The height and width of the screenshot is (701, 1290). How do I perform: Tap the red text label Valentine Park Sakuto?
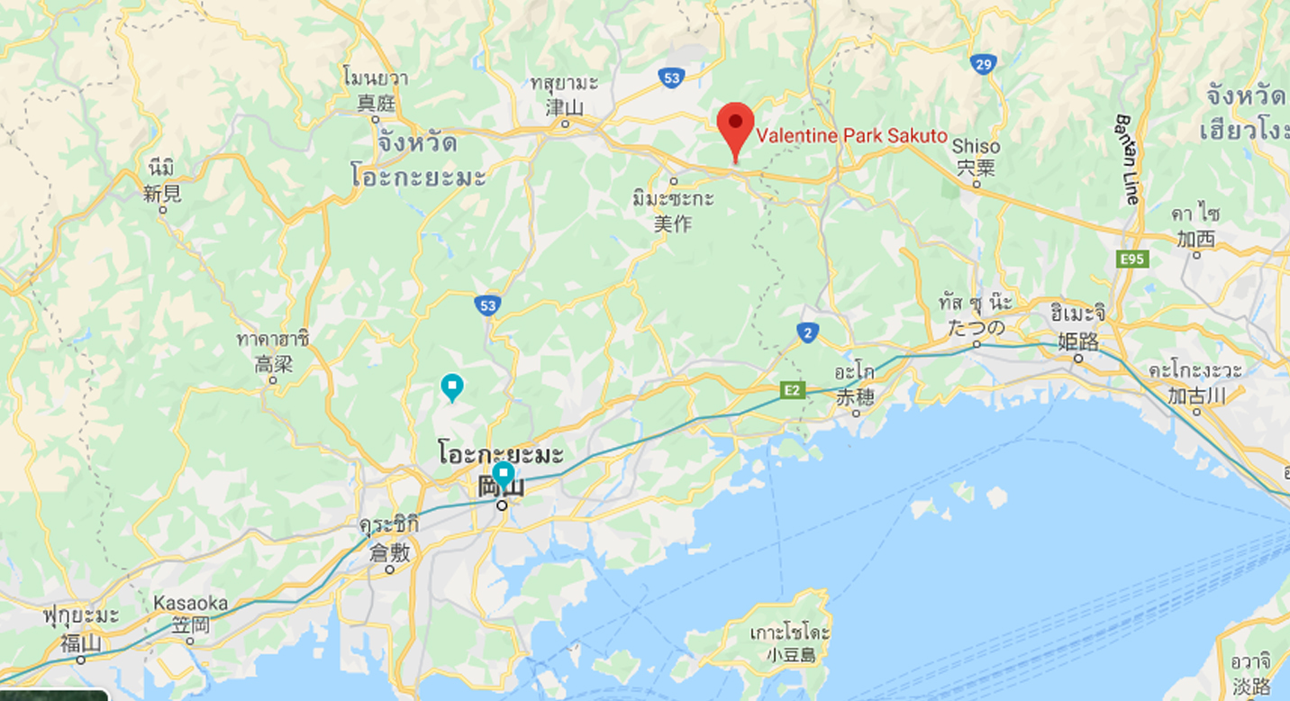click(x=851, y=136)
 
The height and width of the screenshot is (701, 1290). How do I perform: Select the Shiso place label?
click(x=976, y=146)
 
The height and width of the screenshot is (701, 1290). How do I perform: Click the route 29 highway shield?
click(x=983, y=64)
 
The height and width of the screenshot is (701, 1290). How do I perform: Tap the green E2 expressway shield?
click(x=792, y=389)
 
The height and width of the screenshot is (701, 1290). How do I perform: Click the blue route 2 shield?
click(x=808, y=333)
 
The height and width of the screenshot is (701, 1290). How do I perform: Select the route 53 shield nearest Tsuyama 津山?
click(x=670, y=78)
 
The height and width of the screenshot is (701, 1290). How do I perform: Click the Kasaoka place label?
click(x=190, y=603)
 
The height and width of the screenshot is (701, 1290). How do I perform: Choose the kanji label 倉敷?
click(x=389, y=552)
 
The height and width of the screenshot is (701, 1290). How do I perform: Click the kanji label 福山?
click(x=81, y=643)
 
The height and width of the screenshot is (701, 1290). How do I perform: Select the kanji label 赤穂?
click(x=855, y=397)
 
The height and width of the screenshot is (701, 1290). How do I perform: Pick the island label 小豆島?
click(x=789, y=655)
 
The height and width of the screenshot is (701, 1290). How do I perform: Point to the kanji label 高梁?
click(x=273, y=364)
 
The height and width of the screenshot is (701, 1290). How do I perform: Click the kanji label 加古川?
click(x=1195, y=395)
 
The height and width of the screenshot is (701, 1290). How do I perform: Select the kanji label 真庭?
click(x=376, y=103)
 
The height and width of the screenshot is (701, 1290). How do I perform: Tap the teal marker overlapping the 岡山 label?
click(x=503, y=474)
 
